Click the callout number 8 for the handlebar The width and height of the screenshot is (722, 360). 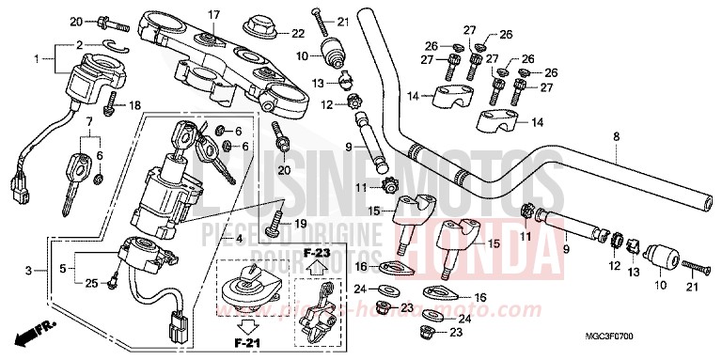[617, 137]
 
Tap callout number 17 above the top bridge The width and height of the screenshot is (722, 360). [213, 14]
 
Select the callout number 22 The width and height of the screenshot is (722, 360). [298, 33]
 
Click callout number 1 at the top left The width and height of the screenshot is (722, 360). [37, 60]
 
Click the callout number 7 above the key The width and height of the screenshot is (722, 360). [90, 122]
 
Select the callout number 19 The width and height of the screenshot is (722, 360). [302, 224]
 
